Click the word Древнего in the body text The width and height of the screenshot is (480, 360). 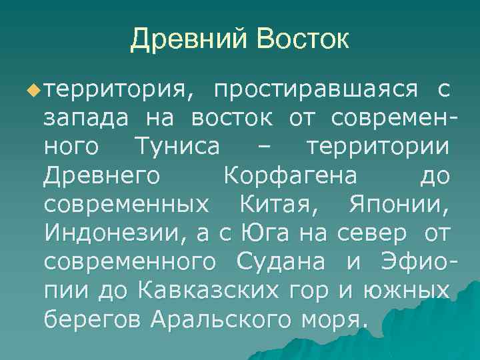(101, 177)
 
